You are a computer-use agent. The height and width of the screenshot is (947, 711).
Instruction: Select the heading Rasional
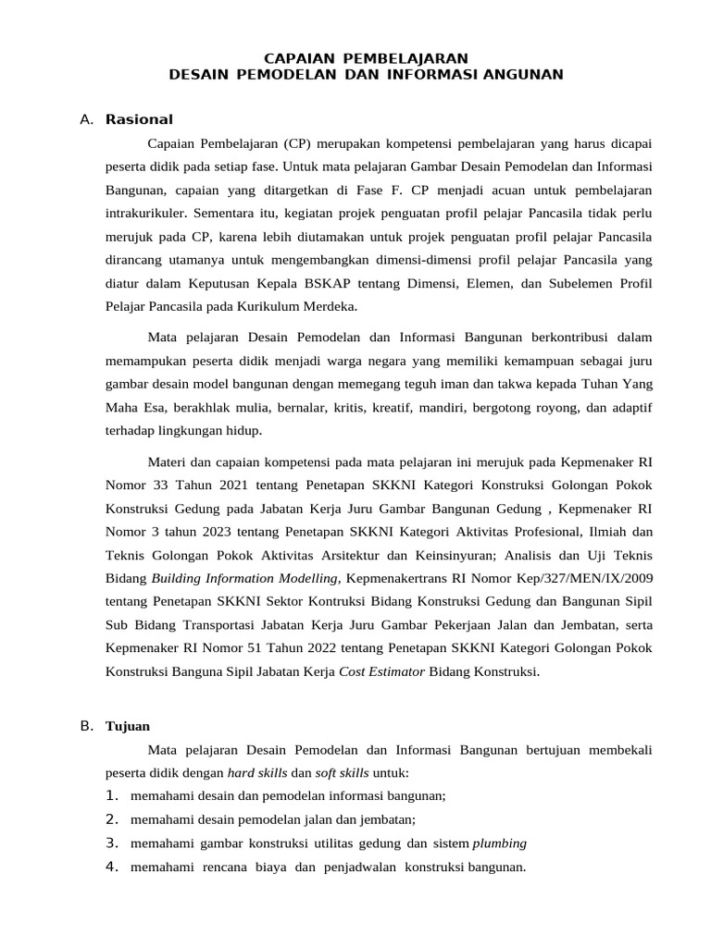[139, 119]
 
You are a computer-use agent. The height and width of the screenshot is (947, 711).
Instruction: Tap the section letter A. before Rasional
[87, 119]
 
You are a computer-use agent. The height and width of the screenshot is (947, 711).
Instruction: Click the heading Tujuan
[128, 726]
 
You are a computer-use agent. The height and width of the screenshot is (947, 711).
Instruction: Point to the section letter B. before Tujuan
[87, 726]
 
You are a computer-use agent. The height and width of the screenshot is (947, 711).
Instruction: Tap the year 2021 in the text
[220, 485]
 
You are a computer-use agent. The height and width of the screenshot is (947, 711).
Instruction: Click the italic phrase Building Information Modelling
[245, 579]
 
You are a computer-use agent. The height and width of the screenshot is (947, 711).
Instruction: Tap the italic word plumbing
[500, 843]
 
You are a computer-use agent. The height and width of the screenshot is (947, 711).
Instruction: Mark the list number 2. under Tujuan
[112, 819]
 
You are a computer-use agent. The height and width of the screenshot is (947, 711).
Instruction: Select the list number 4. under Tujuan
[112, 867]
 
